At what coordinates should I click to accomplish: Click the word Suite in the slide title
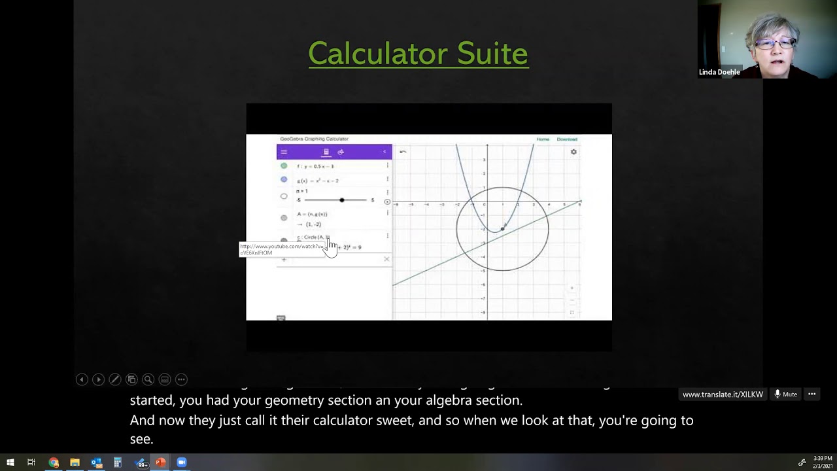coord(492,54)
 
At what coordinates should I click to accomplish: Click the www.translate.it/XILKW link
coord(723,394)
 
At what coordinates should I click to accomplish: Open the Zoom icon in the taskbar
coord(182,462)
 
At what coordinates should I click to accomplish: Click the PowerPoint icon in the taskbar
coord(160,462)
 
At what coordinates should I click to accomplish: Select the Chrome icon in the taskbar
coord(54,462)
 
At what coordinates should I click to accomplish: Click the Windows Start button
coord(10,462)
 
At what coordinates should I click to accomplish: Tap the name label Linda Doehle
coord(719,72)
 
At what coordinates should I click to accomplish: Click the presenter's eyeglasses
coord(775,44)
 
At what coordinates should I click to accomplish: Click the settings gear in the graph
coord(573,152)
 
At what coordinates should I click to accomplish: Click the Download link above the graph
coord(567,139)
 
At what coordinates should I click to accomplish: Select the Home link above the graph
coord(543,139)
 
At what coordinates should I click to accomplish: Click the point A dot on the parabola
coord(502,229)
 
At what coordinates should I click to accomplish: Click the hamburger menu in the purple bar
coord(284,152)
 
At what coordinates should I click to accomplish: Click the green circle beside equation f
coord(284,166)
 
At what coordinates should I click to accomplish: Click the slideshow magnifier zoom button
coord(148,379)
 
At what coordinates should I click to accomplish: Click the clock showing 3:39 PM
coord(823,459)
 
